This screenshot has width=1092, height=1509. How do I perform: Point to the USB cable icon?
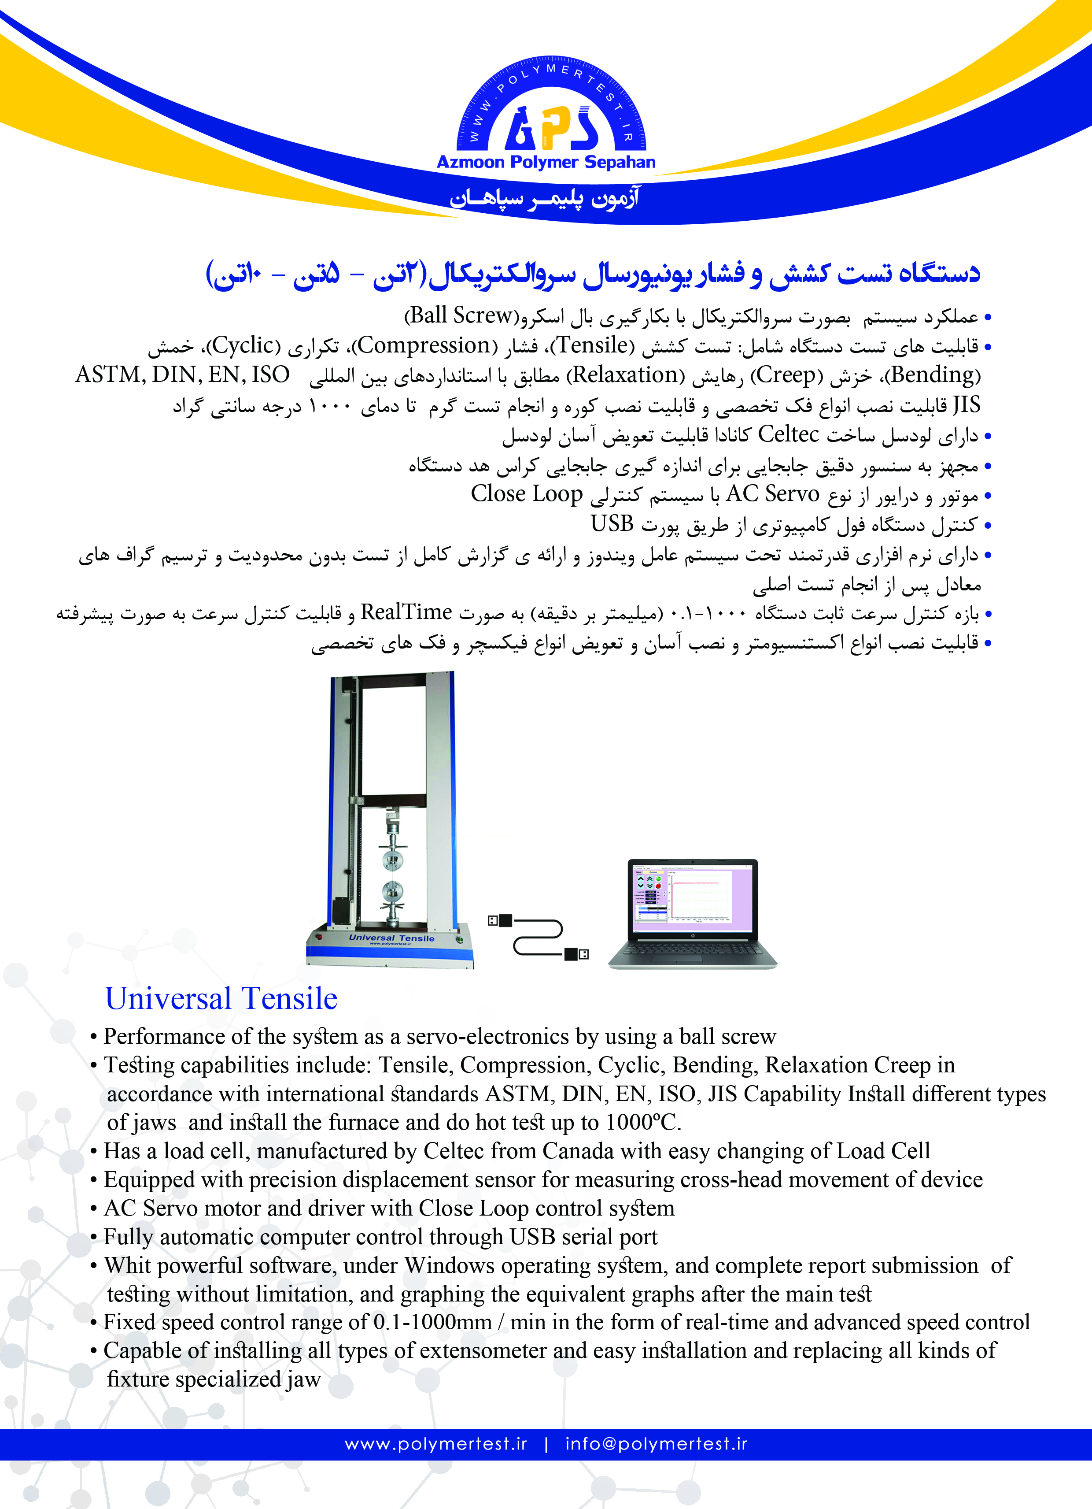538,938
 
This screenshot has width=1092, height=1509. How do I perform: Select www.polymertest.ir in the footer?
435,1444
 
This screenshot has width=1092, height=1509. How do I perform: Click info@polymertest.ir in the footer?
656,1444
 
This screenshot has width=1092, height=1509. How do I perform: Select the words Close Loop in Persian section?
527,494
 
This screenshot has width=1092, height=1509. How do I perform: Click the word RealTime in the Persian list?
406,612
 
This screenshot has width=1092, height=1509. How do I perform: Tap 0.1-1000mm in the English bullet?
432,1322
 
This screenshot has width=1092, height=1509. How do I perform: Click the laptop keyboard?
692,949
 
